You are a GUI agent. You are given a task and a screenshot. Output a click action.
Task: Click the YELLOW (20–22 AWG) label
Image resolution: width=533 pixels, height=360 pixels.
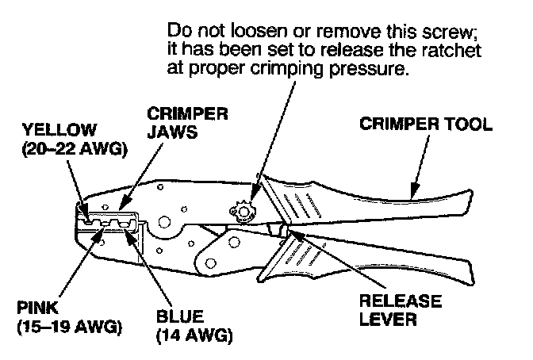click(75, 140)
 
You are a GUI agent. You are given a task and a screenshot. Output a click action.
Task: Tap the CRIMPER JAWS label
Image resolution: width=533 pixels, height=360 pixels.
click(187, 123)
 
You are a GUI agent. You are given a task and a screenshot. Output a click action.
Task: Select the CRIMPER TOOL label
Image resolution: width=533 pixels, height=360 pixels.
click(426, 124)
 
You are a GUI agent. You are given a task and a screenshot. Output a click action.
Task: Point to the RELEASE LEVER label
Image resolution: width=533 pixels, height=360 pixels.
click(401, 310)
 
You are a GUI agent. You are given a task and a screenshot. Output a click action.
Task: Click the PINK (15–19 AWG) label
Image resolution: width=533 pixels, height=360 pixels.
click(69, 317)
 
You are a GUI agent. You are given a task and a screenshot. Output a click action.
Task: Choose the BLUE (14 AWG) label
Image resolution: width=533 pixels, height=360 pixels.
click(194, 327)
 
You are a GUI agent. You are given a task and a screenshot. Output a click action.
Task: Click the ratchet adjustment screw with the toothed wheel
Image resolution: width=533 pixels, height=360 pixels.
click(243, 213)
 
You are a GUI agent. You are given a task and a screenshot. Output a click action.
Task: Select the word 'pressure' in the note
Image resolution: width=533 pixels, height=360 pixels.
click(369, 69)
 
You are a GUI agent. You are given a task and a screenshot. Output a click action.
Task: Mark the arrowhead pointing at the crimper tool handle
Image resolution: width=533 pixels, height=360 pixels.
click(414, 191)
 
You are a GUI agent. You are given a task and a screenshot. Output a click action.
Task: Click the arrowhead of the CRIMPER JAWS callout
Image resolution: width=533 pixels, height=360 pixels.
click(124, 203)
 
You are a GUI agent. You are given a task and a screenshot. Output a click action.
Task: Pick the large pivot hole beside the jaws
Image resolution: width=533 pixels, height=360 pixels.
click(164, 222)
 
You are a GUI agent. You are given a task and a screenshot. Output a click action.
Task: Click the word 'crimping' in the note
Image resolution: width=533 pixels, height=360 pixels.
click(286, 69)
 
